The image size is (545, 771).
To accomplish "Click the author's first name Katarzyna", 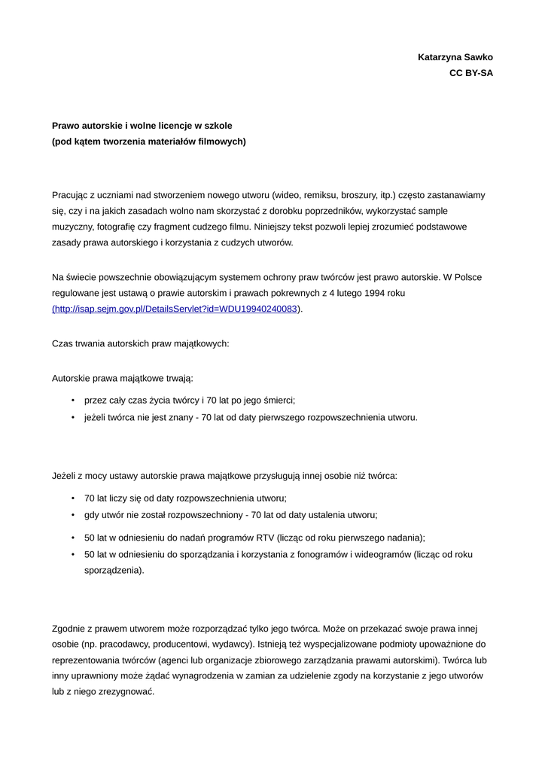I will pos(442,57).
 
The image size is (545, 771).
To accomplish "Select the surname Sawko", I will pos(480,57).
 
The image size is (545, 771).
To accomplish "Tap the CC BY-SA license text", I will pos(471,74).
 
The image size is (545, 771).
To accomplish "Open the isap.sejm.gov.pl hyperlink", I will pos(175,309).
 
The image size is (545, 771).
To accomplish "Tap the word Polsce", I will pos(468,277).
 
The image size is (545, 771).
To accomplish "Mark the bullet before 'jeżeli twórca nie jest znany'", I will pos(73,417).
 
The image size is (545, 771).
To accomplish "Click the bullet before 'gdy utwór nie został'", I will pos(73,515).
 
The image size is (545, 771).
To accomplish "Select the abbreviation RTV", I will pos(263,538).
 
